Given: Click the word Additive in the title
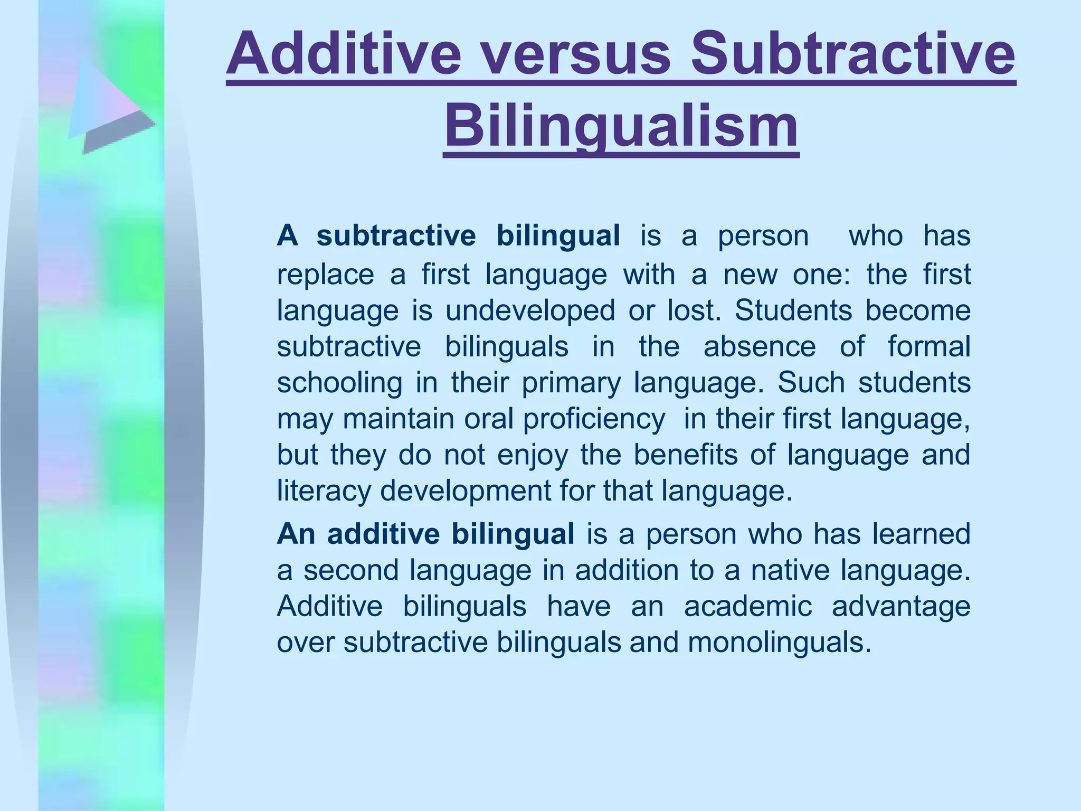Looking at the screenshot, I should pyautogui.click(x=344, y=54).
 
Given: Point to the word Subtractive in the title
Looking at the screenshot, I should pyautogui.click(x=853, y=54).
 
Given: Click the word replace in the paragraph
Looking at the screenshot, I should pyautogui.click(x=326, y=275).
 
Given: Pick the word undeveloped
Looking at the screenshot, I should pyautogui.click(x=530, y=310).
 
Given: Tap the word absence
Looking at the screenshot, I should pyautogui.click(x=760, y=346).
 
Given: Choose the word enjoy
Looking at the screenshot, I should pyautogui.click(x=533, y=455).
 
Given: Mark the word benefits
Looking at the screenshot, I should pyautogui.click(x=685, y=455).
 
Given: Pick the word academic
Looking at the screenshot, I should pyautogui.click(x=748, y=606).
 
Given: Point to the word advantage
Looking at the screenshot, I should pyautogui.click(x=901, y=606).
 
